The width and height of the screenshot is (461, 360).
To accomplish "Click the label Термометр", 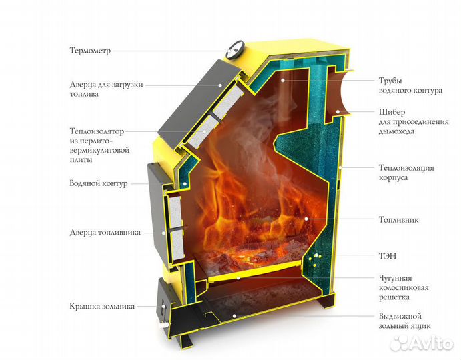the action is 90,51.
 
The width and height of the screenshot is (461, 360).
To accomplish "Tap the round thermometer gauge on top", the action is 235,49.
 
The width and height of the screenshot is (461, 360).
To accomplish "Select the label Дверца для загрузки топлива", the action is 107,89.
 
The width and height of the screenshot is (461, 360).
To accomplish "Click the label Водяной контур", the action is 99,183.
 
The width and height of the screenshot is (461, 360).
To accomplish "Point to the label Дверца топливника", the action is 105,233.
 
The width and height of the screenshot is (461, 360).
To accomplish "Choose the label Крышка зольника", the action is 102,306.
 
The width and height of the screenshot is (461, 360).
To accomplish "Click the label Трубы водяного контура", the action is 410,85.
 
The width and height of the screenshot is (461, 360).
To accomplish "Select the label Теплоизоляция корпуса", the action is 406,173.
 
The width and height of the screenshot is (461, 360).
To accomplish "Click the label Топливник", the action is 398,220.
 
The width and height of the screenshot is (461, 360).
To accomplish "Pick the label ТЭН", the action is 388,256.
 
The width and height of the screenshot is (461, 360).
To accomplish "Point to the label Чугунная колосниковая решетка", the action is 404,287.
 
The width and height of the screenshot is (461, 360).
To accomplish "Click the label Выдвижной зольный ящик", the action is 404,321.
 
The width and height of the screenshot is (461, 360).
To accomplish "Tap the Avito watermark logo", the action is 422,343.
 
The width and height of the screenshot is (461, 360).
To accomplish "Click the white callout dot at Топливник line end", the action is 306,219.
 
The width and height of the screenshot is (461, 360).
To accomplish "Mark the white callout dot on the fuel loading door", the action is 220,85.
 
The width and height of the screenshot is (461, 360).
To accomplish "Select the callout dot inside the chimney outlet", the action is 338,112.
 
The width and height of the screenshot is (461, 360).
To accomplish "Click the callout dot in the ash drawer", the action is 234,316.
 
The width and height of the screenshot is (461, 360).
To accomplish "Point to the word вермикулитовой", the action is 99,151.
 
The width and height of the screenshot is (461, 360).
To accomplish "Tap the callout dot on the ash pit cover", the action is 163,306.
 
